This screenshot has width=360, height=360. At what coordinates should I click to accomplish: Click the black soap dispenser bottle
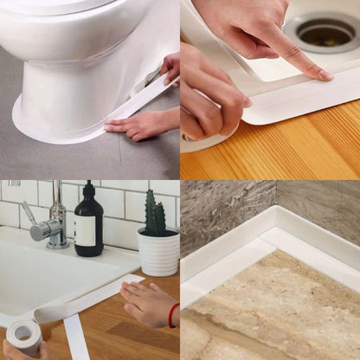88,227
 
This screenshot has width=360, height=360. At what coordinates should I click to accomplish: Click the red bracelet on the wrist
173,315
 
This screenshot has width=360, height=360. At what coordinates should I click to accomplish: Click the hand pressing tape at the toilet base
138,124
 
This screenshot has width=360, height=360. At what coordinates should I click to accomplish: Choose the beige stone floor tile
277,303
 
